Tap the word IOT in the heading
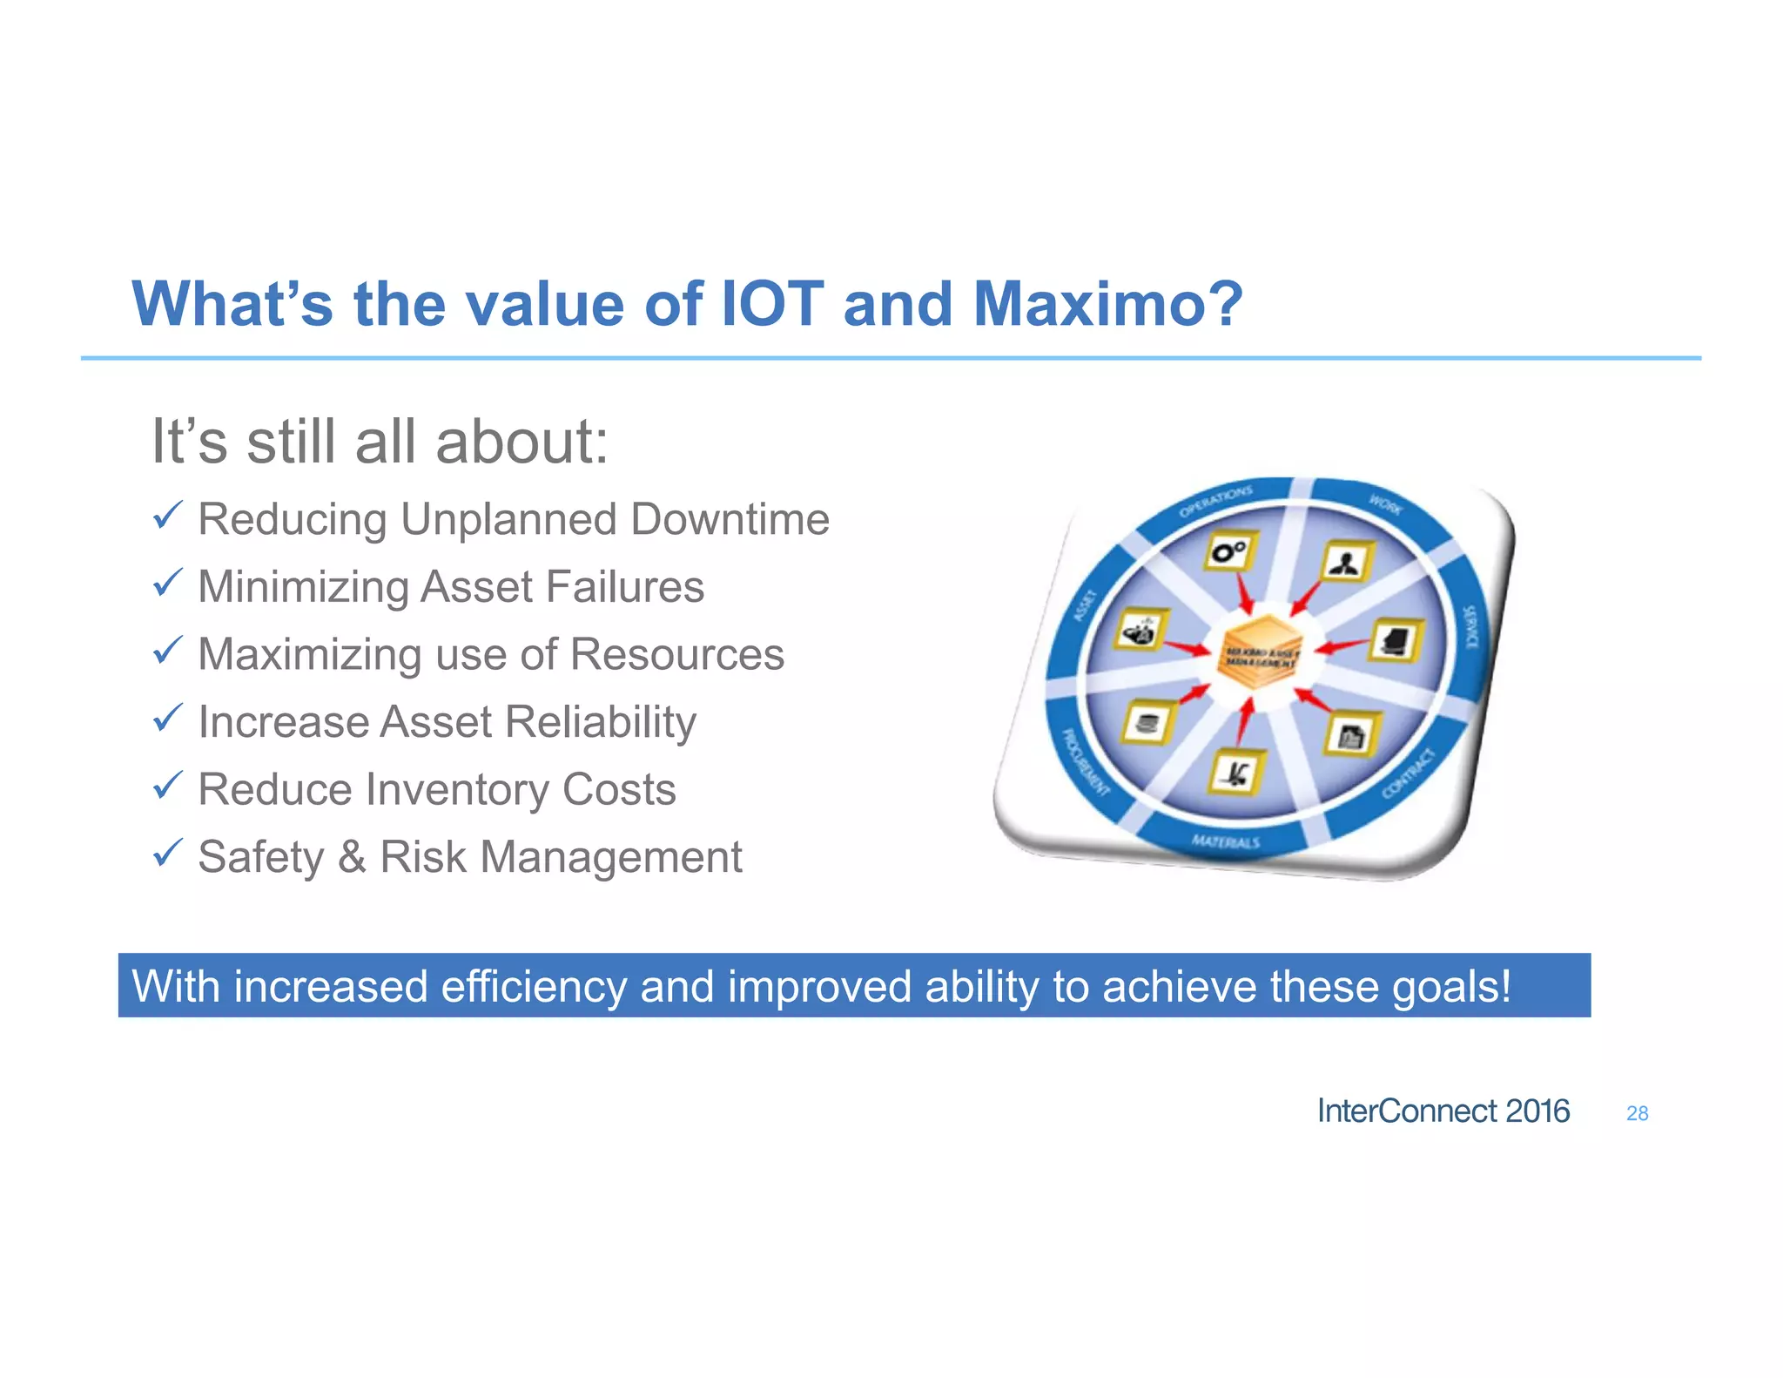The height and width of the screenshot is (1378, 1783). [772, 304]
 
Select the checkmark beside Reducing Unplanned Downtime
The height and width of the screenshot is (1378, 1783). [167, 516]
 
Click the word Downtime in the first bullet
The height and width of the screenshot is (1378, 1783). [730, 519]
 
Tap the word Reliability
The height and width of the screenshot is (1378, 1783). [600, 722]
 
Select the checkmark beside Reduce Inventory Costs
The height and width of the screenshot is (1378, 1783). [167, 786]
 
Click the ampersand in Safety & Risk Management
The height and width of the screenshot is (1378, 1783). [352, 857]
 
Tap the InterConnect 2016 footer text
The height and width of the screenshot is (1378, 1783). [1443, 1111]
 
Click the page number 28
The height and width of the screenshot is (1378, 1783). [1637, 1113]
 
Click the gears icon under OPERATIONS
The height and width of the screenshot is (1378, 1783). [1230, 551]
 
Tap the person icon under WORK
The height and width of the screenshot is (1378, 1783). [1346, 562]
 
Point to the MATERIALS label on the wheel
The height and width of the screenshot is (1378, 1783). [1225, 841]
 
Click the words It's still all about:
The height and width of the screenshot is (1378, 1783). [380, 442]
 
